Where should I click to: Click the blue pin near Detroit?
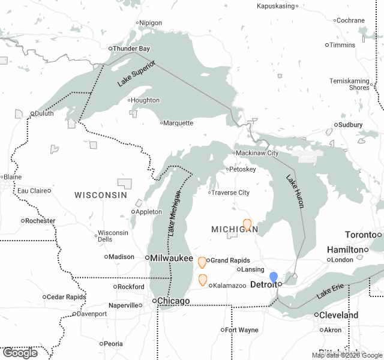tap(274, 278)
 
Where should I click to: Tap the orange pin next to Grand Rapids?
tap(202, 262)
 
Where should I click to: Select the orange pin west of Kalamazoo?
tap(203, 280)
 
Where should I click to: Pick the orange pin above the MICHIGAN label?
tap(247, 224)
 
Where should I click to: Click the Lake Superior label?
tap(137, 74)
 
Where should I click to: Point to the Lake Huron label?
tap(295, 191)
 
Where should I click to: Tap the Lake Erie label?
tap(331, 293)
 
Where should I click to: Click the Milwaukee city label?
tap(172, 258)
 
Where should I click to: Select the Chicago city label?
tap(173, 301)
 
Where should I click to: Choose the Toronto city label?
tap(360, 235)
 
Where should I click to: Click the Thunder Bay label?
tap(132, 49)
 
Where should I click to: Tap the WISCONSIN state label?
tap(101, 195)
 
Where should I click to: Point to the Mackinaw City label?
tap(256, 153)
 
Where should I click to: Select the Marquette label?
tap(179, 123)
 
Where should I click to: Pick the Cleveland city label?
tap(339, 315)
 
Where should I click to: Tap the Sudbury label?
tap(351, 125)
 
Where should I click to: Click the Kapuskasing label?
tap(275, 6)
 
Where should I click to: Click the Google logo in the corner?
tap(20, 353)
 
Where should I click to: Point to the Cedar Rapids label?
tap(67, 297)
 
